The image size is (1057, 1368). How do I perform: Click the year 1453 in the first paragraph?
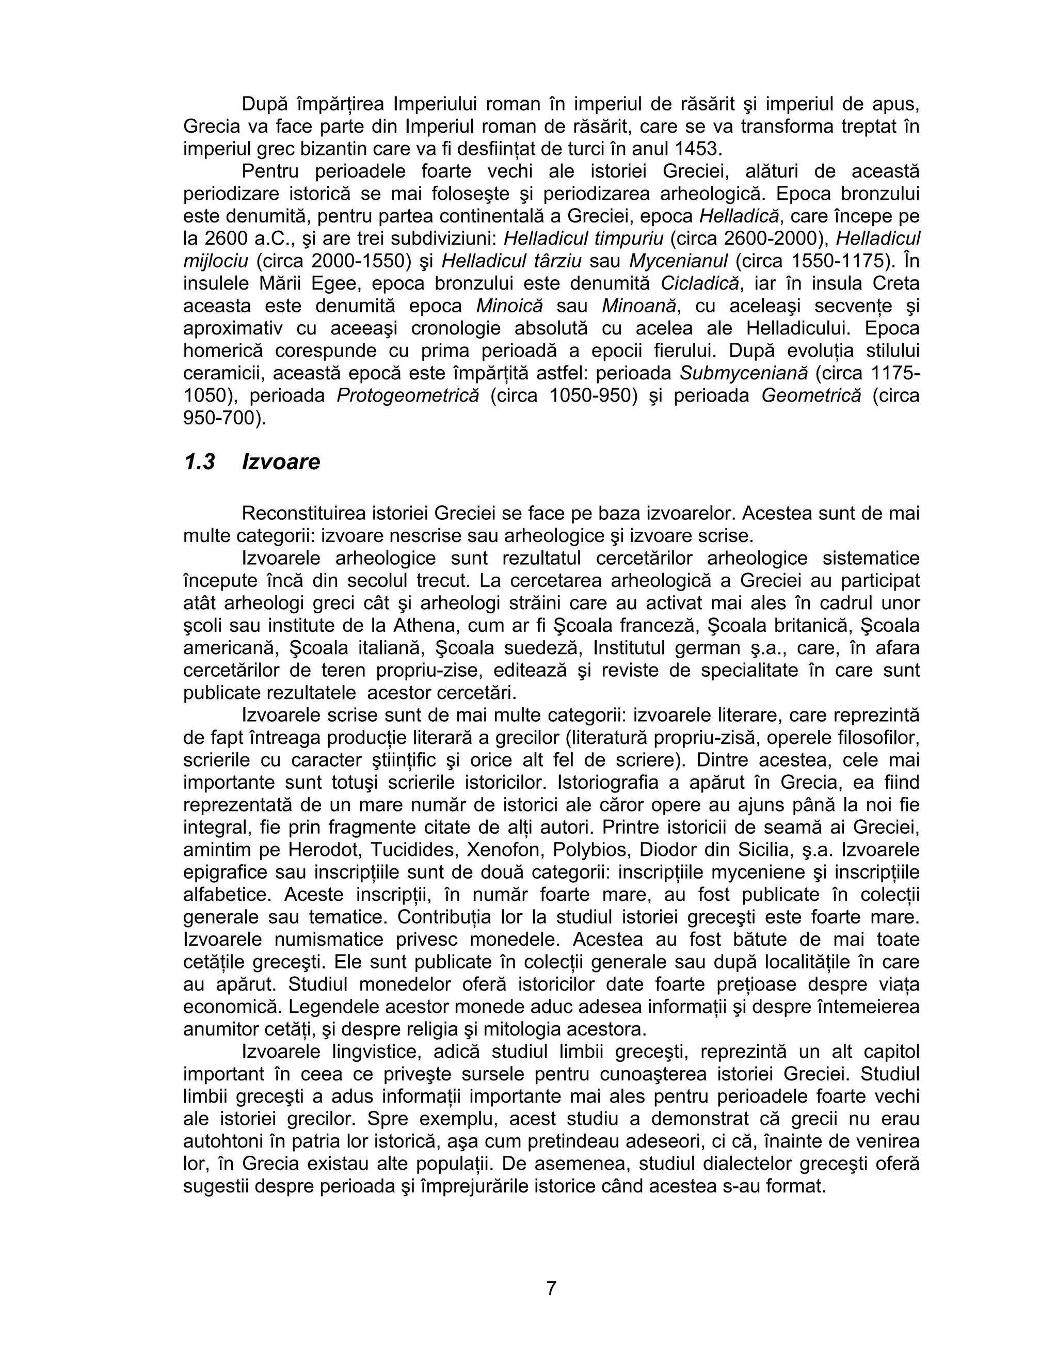(x=698, y=149)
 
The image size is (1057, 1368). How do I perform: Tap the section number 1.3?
(x=199, y=462)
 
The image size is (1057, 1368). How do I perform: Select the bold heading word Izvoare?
(x=281, y=462)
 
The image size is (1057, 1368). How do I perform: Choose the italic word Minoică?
(x=509, y=306)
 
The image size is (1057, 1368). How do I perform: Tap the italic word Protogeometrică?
(x=408, y=396)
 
